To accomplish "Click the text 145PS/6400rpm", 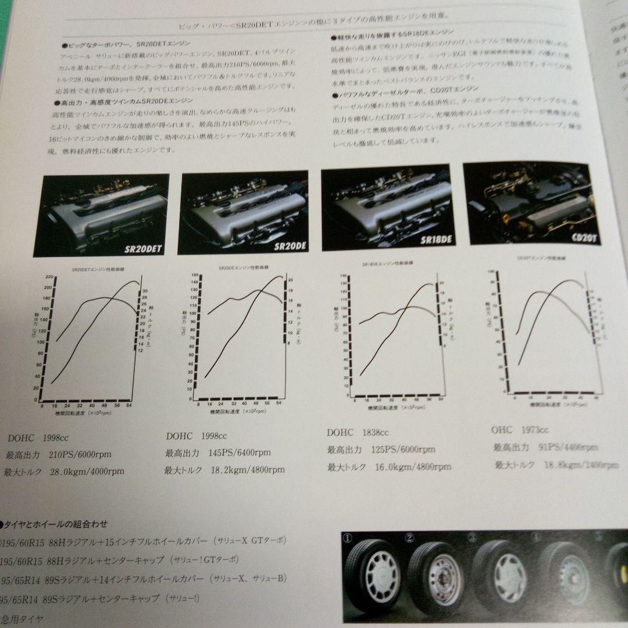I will pos(240,452).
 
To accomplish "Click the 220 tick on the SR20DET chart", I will pos(48,277).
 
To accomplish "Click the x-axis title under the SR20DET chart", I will pos(84,413).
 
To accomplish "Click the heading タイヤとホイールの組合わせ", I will pos(56,524).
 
